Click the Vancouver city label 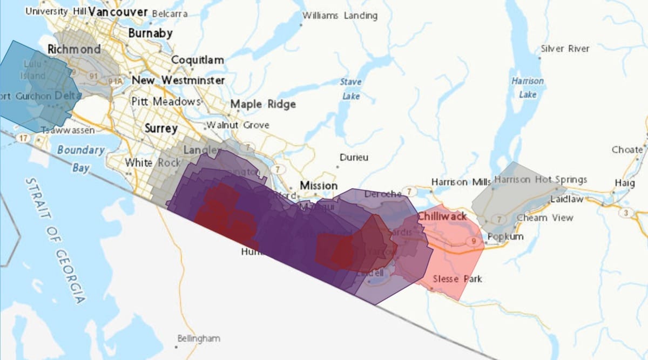pos(118,12)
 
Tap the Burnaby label pos(150,33)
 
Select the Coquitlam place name pos(197,60)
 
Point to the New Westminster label pos(178,80)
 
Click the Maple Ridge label pos(263,104)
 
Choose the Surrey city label pos(161,129)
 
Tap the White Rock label pos(145,162)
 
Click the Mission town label pos(319,186)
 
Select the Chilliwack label pos(442,216)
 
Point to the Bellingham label pos(199,338)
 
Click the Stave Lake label pos(350,89)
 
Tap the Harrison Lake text pos(528,87)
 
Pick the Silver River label pos(565,49)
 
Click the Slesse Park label pos(457,279)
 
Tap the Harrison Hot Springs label pos(541,179)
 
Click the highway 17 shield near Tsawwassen pos(23,138)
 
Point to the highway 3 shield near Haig pos(626,213)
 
